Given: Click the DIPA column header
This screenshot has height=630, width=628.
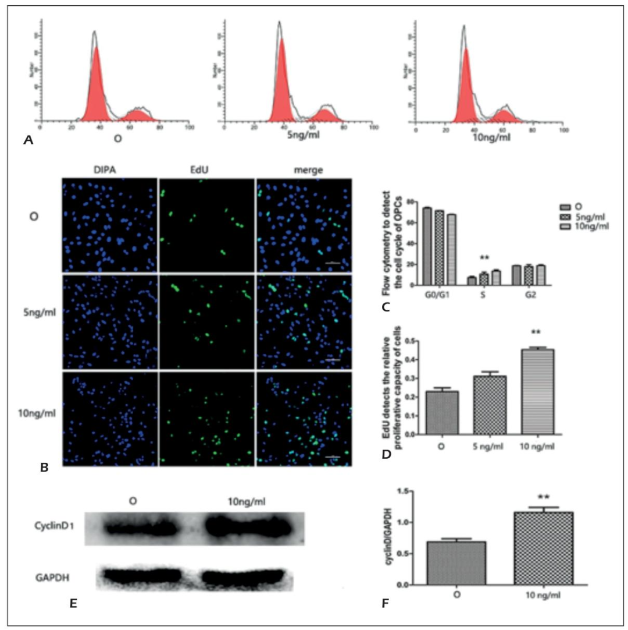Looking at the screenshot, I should click(108, 169).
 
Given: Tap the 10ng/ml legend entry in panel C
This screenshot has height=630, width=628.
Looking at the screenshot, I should click(592, 226).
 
